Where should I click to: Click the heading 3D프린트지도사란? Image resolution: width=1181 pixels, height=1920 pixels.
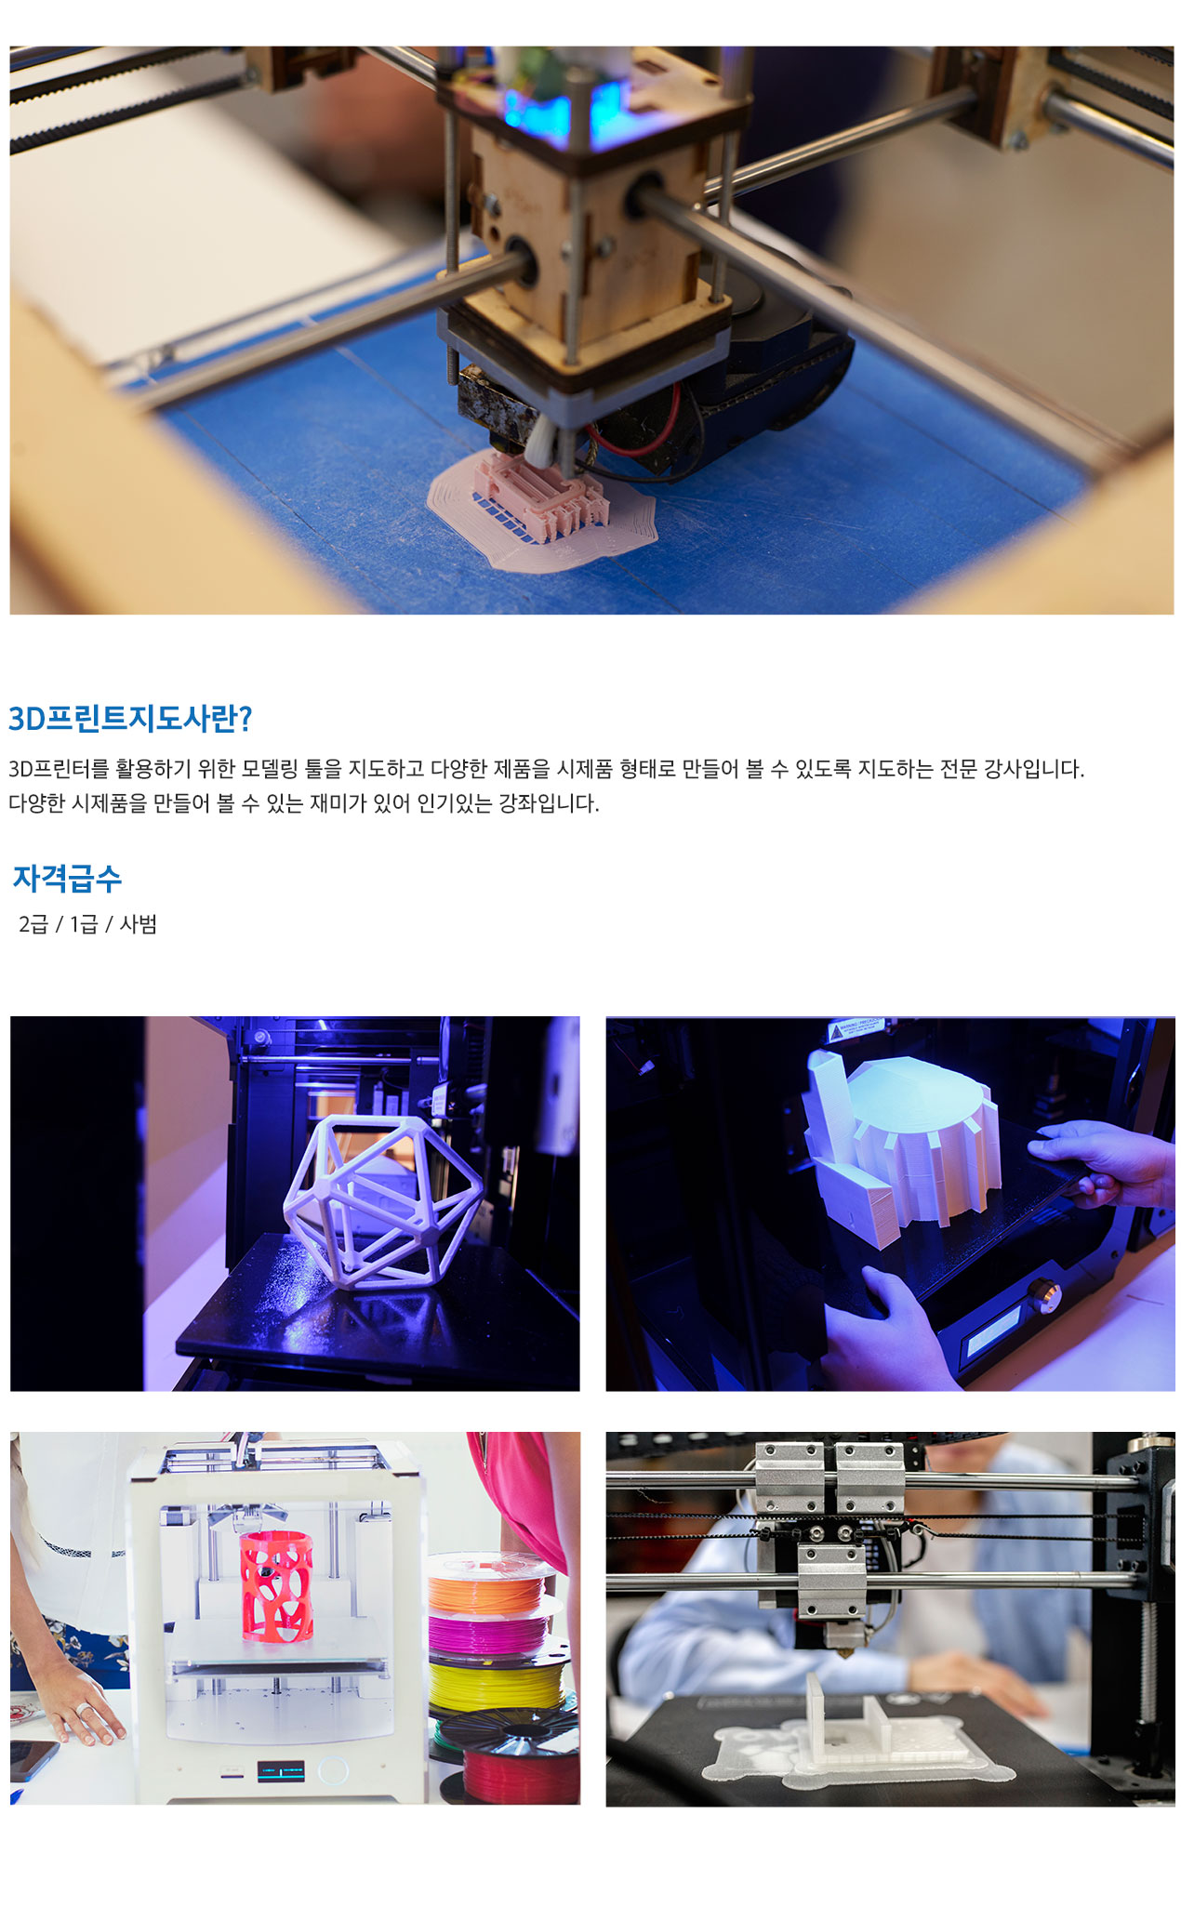pos(130,718)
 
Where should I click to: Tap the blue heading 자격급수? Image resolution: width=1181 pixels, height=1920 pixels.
pos(67,878)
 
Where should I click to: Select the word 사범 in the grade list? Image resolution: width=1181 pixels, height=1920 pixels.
pos(139,924)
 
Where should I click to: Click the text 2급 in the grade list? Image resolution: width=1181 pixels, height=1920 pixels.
pos(33,924)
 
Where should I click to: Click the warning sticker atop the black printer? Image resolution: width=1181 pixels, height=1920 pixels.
pos(855,1029)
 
